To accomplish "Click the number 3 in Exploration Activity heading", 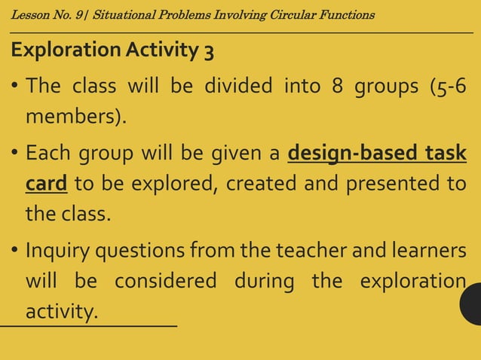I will click(208, 52).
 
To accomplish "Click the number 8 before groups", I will click(336, 87).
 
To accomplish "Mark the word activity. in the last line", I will click(62, 311).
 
